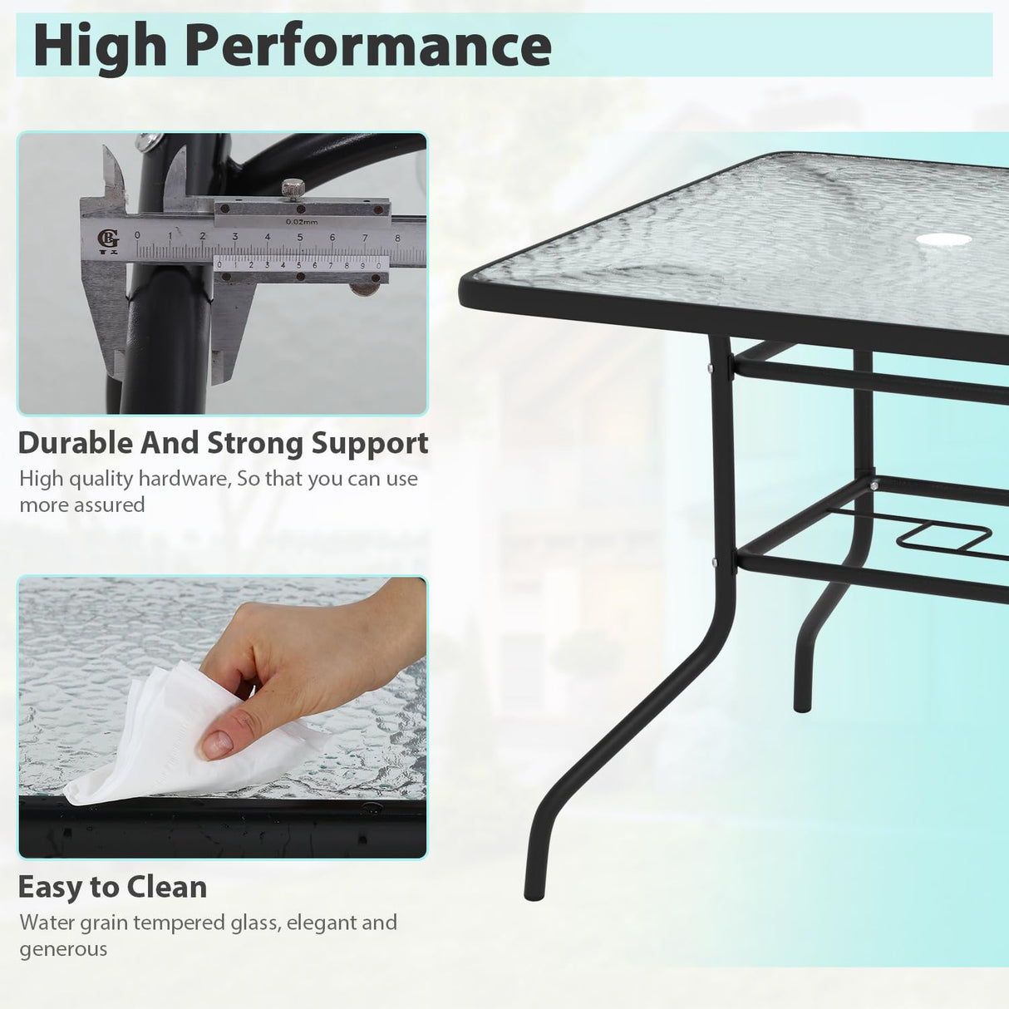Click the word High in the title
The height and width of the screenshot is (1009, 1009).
tap(100, 46)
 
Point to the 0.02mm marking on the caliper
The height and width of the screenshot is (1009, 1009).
tap(301, 221)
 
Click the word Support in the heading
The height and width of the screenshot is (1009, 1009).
tap(370, 443)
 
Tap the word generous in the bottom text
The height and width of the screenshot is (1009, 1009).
tap(63, 949)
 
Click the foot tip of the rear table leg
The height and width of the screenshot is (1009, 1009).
tap(802, 706)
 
